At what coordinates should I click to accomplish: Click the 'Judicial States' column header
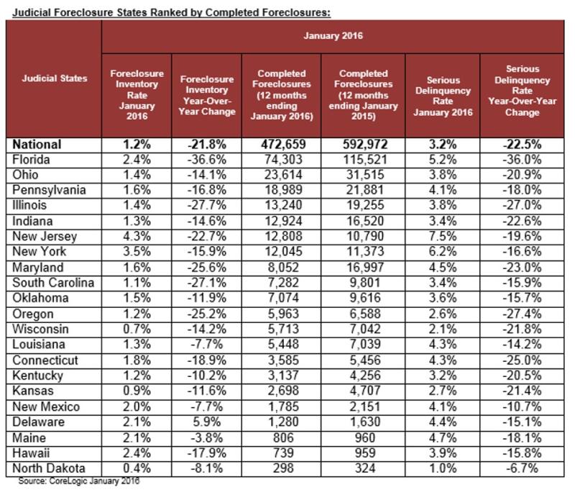click(53, 78)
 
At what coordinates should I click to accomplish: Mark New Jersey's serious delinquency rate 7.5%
click(442, 237)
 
